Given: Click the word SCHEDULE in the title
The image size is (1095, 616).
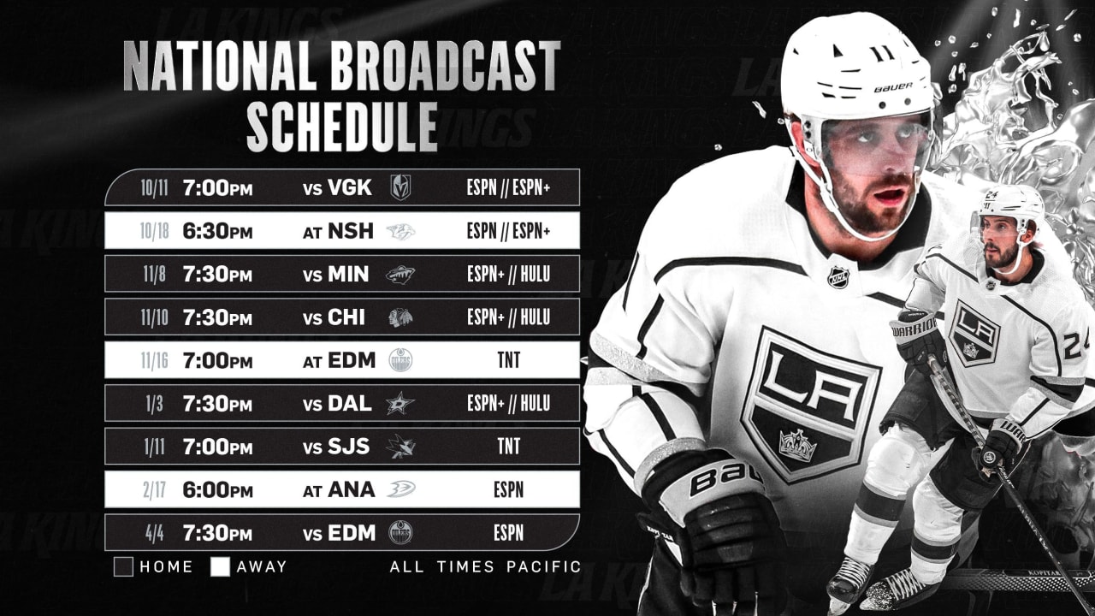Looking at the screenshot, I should click(342, 127).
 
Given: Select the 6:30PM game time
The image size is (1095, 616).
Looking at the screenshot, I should click(217, 231).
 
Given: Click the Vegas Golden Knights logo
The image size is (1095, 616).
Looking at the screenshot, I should click(400, 187).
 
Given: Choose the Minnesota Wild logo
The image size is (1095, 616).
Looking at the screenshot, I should click(400, 275).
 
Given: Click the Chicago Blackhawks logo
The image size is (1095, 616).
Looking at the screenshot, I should click(400, 317).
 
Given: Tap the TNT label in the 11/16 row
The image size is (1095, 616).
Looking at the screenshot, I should click(508, 360).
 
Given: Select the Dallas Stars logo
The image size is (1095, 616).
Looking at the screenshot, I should click(400, 404).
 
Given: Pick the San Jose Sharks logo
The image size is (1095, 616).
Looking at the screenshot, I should click(400, 447).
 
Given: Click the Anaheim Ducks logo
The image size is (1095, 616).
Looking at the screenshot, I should click(400, 489).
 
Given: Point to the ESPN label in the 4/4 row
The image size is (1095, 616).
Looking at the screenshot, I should click(508, 533).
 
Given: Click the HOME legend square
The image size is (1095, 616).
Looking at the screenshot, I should click(123, 566).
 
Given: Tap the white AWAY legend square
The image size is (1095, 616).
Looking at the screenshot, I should click(221, 566).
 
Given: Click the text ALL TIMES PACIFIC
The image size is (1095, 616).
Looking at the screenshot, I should click(485, 566).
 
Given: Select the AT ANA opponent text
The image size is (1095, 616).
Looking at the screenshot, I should click(339, 489).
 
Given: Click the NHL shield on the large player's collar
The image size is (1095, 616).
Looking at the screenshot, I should click(838, 277).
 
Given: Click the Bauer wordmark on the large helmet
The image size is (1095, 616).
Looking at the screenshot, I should click(893, 86).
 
